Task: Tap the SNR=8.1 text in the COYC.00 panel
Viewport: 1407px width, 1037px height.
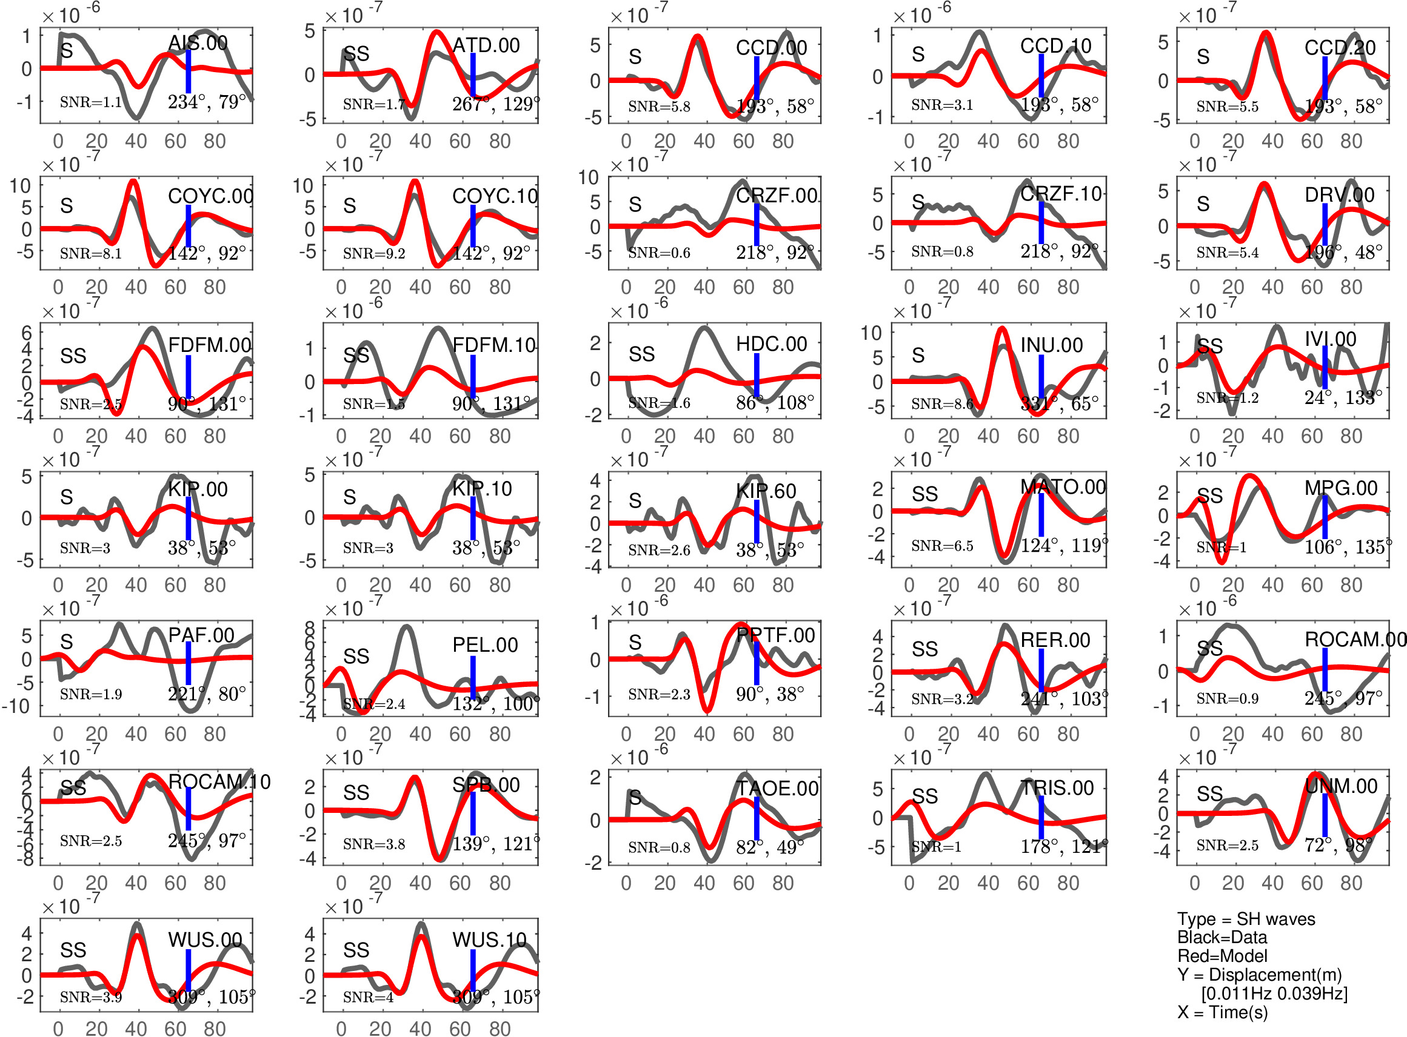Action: [90, 254]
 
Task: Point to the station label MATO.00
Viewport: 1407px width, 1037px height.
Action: [1063, 486]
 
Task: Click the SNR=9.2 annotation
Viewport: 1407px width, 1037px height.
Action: [374, 254]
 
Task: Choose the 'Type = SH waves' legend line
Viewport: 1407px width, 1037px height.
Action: [1246, 919]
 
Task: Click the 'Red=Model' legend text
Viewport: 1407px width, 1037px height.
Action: [1222, 956]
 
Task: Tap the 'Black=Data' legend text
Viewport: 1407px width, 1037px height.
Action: [1222, 937]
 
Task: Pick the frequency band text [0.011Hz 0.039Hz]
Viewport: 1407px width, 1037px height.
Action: [1274, 993]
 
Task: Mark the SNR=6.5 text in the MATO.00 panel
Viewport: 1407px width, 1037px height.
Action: [942, 546]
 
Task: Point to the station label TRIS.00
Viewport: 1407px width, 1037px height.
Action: [1057, 788]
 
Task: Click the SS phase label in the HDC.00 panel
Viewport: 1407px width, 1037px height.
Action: [641, 355]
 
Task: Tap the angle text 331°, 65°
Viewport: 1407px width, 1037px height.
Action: [1059, 403]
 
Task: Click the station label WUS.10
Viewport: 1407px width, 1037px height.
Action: [489, 939]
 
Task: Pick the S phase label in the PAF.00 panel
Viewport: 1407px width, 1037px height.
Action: [67, 641]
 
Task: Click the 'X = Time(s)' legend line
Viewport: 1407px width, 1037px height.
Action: [1222, 1012]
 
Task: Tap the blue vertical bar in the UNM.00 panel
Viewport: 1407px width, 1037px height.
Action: [1325, 815]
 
